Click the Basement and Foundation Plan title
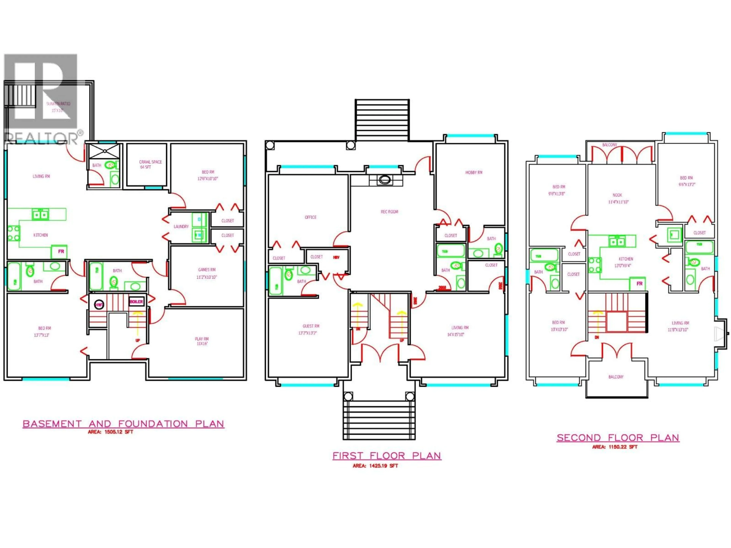123,424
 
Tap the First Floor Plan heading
387,456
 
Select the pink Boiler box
136,302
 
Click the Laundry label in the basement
181,227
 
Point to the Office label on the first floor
310,217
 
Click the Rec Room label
389,212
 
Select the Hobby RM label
474,172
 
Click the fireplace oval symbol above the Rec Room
385,180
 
